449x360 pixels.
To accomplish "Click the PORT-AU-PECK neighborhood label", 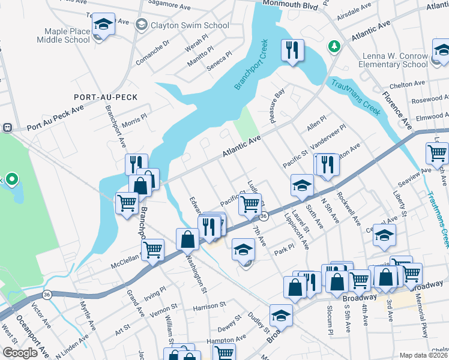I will (106, 97).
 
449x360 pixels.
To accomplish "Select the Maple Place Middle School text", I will (67, 35).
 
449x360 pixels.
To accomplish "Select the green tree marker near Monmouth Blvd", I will (333, 46).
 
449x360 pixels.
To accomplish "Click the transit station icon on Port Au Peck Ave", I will (8, 127).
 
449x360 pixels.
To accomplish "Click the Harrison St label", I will (208, 306).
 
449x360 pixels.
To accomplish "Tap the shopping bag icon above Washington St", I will (187, 239).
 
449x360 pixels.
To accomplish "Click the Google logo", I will (20, 353).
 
